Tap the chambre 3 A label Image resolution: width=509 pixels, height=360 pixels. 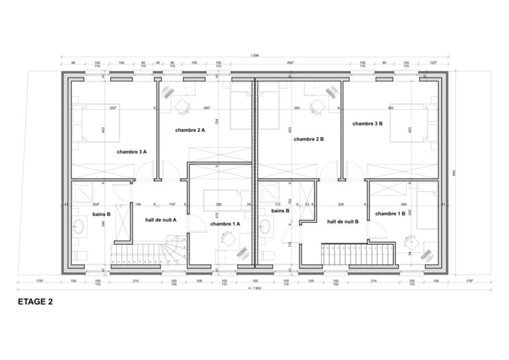[x=132, y=152]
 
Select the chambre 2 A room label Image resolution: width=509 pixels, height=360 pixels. [x=190, y=131]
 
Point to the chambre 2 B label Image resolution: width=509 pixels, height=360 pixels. [x=308, y=139]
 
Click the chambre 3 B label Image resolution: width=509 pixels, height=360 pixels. [x=367, y=124]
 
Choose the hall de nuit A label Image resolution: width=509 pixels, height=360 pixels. [x=160, y=219]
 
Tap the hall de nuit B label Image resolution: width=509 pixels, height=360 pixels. [x=343, y=222]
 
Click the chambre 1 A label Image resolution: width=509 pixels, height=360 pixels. [x=225, y=224]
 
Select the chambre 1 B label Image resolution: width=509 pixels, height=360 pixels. [x=390, y=213]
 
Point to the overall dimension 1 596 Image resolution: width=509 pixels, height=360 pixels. [x=255, y=55]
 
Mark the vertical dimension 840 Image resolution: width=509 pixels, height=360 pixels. [x=455, y=173]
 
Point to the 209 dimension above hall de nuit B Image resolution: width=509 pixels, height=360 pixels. [x=341, y=204]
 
